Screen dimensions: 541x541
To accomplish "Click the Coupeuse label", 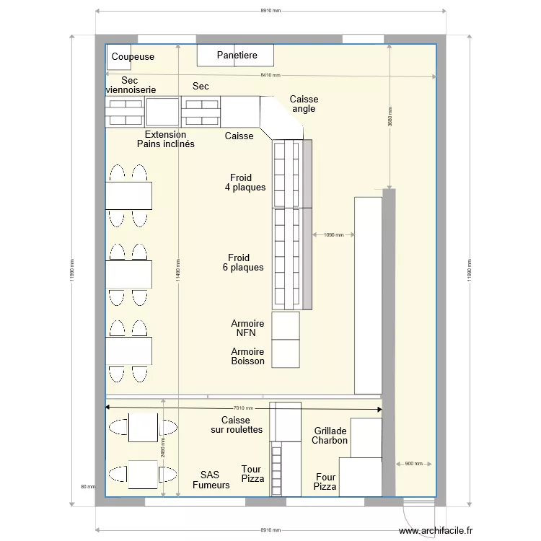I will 133,57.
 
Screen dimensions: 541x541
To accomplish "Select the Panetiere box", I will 236,56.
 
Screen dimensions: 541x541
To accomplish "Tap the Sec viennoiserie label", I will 131,85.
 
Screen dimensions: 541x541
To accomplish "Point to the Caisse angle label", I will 304,104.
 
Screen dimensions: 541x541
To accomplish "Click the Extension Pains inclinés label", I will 166,139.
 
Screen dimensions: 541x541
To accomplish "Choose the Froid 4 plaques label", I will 246,182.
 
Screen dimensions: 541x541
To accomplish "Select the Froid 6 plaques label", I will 242,263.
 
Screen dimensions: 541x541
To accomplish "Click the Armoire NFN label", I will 247,329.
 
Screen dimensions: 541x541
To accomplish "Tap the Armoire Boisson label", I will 247,356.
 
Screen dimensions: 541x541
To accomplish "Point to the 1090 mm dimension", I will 333,234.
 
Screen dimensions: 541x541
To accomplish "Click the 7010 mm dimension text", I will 242,408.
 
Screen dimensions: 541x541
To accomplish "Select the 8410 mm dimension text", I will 271,76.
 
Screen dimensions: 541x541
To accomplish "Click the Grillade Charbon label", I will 330,436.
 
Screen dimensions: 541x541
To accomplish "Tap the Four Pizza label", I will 325,482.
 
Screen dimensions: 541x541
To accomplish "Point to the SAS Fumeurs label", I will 211,480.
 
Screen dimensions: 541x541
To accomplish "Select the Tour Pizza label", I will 252,474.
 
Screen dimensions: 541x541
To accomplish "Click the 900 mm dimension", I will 413,464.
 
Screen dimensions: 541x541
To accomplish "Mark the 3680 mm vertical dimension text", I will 390,117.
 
